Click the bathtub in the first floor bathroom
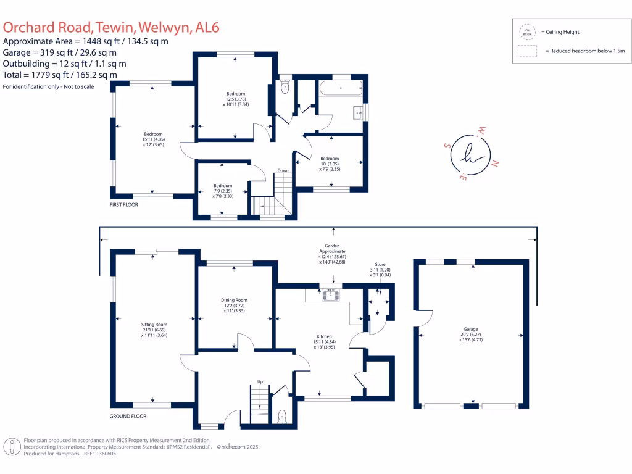tap(341, 89)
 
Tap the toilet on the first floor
tap(285, 88)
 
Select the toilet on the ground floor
tap(282, 415)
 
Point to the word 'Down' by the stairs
tap(283, 170)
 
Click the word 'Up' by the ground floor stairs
tap(260, 382)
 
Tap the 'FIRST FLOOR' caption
tap(124, 204)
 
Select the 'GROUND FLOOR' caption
tap(128, 417)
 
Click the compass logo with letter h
tap(470, 154)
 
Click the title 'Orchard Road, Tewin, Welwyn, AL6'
tap(112, 27)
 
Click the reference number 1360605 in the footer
tap(104, 454)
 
